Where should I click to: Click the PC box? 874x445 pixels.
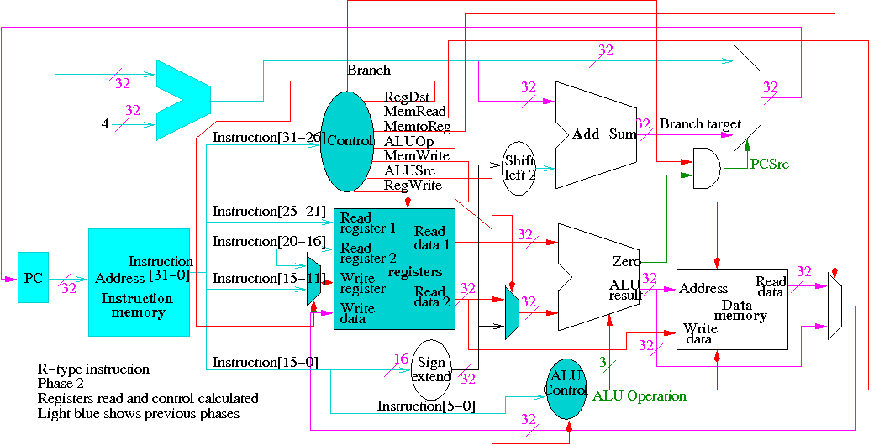coord(34,276)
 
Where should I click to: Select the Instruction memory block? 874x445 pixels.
coord(139,281)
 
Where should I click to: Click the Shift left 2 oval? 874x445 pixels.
coord(519,168)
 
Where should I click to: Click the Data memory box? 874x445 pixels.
coord(733,308)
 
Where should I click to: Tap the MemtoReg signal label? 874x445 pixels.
coord(417,127)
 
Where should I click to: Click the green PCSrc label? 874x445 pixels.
coord(769,165)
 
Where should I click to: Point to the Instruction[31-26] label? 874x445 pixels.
coord(267,137)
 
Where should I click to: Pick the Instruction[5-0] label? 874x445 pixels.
coord(425,406)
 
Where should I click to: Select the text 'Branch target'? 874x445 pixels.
coord(700,124)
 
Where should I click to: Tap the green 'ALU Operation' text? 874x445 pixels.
coord(640,395)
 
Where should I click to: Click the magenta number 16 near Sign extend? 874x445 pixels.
coord(401,359)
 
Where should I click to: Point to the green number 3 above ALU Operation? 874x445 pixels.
coord(602,362)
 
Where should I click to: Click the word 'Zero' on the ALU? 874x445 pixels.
coord(626,262)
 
